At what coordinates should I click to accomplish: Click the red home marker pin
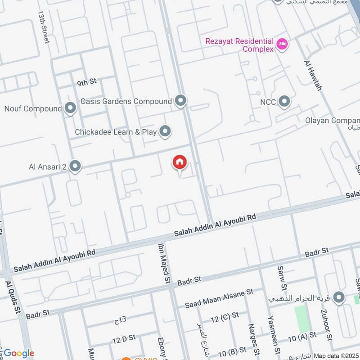[179, 162]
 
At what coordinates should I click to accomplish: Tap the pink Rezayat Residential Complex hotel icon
[283, 44]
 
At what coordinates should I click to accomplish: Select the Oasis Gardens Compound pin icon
[181, 101]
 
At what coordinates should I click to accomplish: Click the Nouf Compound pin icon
[70, 108]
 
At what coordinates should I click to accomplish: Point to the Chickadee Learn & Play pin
[166, 132]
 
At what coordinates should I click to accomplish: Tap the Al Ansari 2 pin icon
[75, 166]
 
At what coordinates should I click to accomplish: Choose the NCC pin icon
[284, 102]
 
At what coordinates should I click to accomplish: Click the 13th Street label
[43, 27]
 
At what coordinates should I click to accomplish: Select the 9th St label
[87, 82]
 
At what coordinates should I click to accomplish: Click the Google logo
[19, 353]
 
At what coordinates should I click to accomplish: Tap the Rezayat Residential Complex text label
[239, 45]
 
